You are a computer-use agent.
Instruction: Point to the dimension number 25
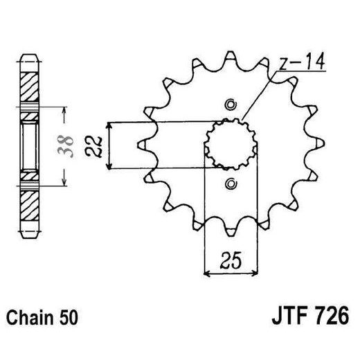pyautogui.click(x=229, y=261)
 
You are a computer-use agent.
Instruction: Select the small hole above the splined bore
pyautogui.click(x=230, y=105)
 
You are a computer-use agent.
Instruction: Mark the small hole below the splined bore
pyautogui.click(x=230, y=183)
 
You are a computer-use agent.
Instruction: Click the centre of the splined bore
pyautogui.click(x=230, y=145)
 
